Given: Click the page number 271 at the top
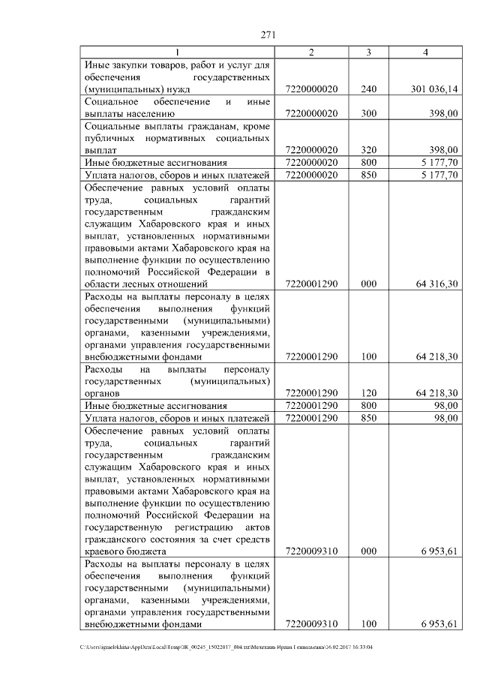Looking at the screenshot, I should (269, 35).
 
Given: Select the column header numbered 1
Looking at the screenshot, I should (178, 52).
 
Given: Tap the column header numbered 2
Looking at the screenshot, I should (312, 52).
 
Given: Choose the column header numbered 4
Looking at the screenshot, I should (425, 52).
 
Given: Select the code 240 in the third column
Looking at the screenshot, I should (368, 89).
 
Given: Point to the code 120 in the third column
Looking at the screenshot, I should (368, 392).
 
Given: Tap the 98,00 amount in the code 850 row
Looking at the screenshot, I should (447, 417).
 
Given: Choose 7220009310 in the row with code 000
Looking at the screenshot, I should (312, 551).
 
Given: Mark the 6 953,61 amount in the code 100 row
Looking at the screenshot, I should (439, 623).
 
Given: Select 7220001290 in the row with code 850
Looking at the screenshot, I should (312, 417).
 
